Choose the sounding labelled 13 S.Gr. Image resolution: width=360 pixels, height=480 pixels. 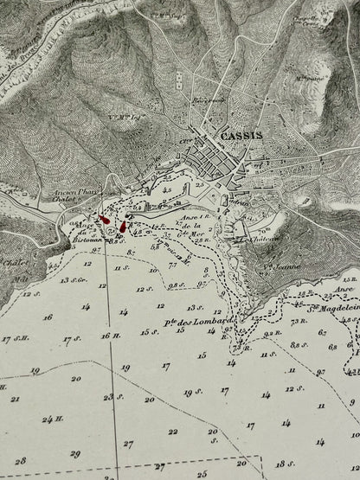(x=71, y=281)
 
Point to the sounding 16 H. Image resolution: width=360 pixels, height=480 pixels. (x=106, y=336)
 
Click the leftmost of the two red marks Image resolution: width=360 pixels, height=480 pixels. (x=106, y=220)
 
